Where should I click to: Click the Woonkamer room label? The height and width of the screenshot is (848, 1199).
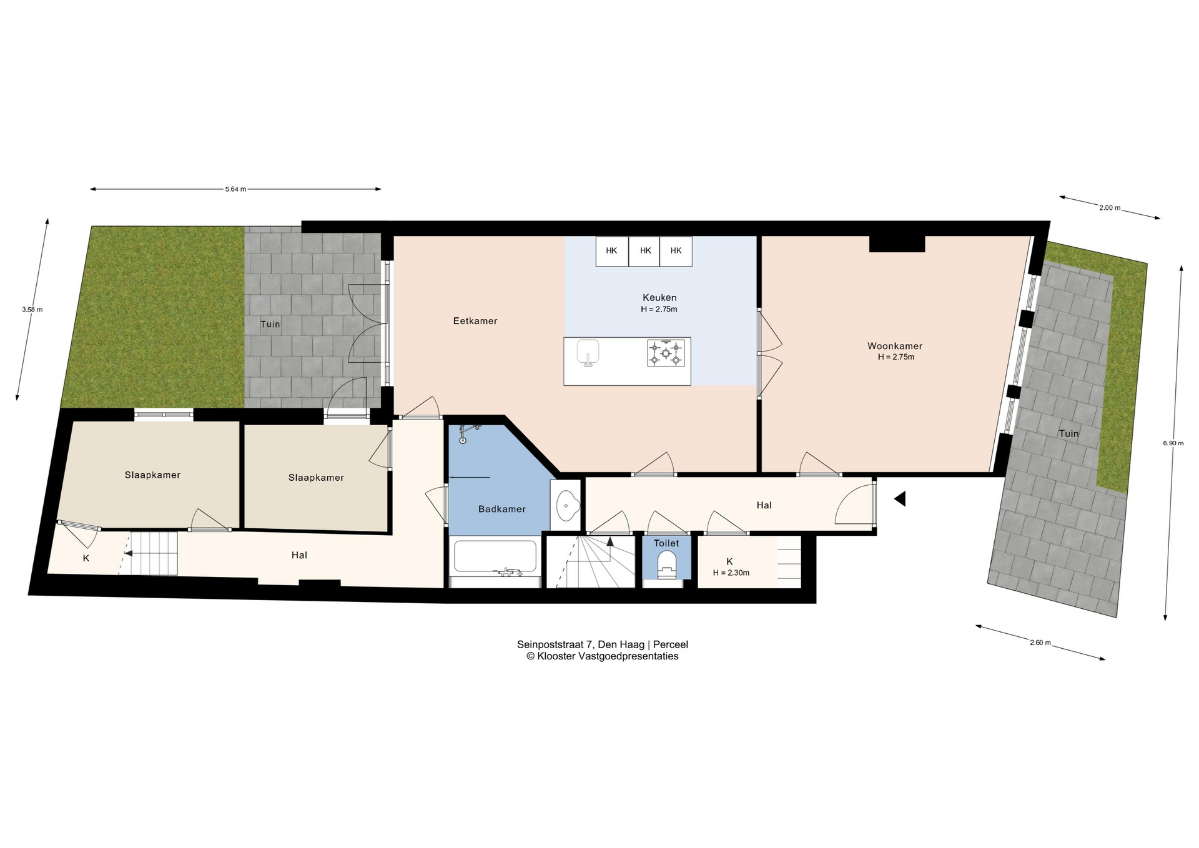pyautogui.click(x=894, y=346)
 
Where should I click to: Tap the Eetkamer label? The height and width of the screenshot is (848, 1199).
pyautogui.click(x=475, y=321)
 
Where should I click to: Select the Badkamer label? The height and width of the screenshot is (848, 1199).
pyautogui.click(x=502, y=509)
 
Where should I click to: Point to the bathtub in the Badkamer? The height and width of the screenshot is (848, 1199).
pyautogui.click(x=495, y=557)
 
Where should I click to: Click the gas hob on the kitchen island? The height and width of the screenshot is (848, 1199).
pyautogui.click(x=666, y=353)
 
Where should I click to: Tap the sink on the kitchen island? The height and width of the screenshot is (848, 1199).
pyautogui.click(x=588, y=353)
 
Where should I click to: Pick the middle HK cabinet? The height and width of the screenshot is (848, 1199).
pyautogui.click(x=644, y=251)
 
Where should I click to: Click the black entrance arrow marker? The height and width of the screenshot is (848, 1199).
pyautogui.click(x=900, y=498)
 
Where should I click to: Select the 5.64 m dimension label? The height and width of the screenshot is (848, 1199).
pyautogui.click(x=235, y=189)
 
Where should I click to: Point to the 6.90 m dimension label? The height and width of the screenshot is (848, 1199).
pyautogui.click(x=1173, y=443)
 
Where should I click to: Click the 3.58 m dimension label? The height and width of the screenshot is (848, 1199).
pyautogui.click(x=32, y=309)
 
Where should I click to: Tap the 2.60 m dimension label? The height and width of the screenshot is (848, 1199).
pyautogui.click(x=1040, y=643)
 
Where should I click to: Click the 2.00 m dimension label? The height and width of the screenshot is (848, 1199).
pyautogui.click(x=1110, y=208)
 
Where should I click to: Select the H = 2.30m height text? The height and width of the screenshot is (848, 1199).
pyautogui.click(x=731, y=573)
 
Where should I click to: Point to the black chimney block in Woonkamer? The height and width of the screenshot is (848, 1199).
pyautogui.click(x=897, y=244)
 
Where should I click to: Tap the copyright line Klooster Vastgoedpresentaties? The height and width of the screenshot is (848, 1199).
pyautogui.click(x=602, y=656)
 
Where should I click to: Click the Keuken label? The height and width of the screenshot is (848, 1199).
pyautogui.click(x=659, y=298)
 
